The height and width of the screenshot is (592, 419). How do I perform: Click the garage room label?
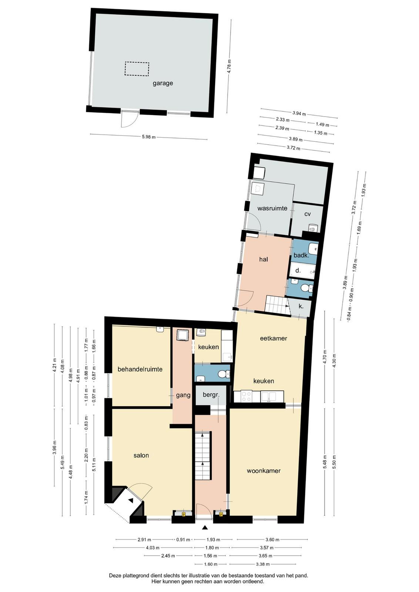click(163, 84)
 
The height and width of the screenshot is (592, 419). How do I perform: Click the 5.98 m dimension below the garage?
click(148, 137)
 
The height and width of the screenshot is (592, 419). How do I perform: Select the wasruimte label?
click(272, 208)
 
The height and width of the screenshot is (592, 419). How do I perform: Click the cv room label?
click(308, 214)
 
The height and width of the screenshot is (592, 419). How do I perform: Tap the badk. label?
click(301, 255)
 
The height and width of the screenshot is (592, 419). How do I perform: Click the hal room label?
click(264, 259)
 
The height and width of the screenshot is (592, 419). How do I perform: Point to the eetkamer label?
click(273, 338)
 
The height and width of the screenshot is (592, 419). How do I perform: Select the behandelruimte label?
click(140, 369)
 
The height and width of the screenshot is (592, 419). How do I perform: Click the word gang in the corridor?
click(183, 396)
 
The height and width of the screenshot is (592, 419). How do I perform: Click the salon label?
click(141, 455)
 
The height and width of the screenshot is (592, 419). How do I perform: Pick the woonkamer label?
click(264, 471)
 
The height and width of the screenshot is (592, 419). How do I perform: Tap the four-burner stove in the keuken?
click(247, 396)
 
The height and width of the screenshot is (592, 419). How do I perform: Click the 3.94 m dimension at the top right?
click(299, 114)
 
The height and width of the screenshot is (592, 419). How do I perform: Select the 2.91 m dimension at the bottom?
click(145, 539)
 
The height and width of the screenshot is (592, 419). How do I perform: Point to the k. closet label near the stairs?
click(301, 306)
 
